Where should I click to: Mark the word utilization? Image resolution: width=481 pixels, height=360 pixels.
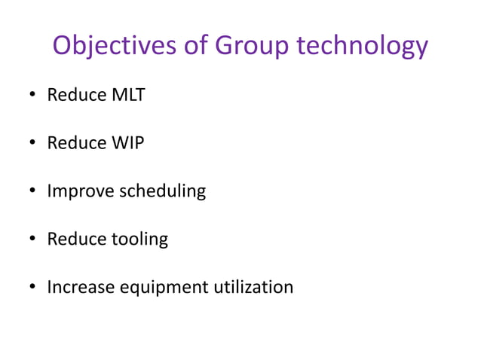tap(256, 287)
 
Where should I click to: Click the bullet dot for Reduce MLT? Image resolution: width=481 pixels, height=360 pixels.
tap(32, 96)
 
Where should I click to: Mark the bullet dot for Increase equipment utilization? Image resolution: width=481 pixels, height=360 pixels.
tap(32, 288)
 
